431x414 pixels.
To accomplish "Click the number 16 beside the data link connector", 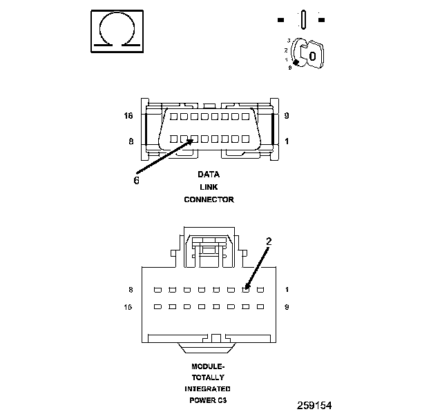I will (x=128, y=116).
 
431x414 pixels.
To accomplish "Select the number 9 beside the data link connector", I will (x=287, y=116).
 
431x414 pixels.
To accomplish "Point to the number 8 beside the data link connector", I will (x=131, y=142).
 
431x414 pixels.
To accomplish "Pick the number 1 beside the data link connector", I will (x=287, y=142).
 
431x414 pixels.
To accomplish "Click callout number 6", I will (x=136, y=180).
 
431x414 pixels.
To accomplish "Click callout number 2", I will (x=269, y=241).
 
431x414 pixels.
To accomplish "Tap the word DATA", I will (x=209, y=175).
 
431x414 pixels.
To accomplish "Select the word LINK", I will (x=209, y=187).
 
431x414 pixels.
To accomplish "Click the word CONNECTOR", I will (x=209, y=199).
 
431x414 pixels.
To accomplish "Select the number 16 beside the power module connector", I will (x=128, y=306).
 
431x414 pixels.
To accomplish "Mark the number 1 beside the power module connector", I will (x=287, y=289).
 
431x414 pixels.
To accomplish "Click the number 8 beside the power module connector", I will (x=131, y=289).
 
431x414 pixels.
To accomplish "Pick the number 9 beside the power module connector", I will (x=287, y=306).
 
